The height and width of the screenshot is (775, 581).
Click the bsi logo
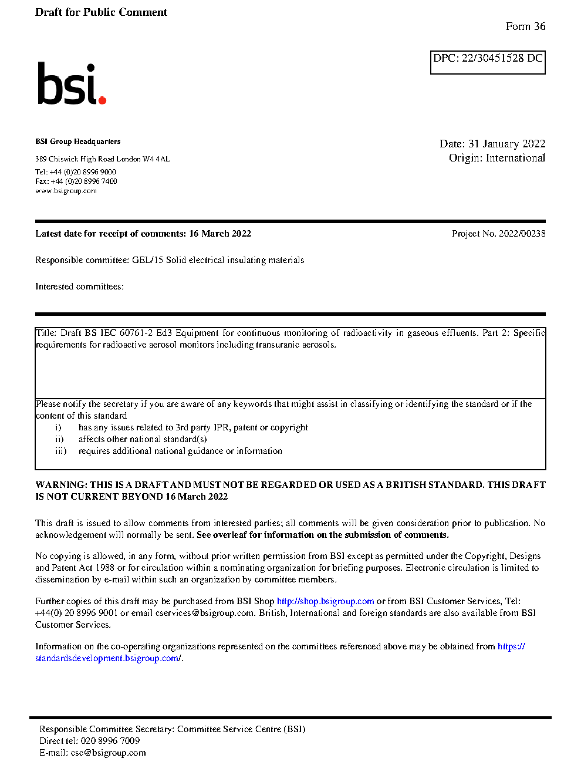click(x=71, y=83)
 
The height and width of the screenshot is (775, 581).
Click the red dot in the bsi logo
click(x=102, y=100)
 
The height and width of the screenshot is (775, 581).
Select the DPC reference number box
click(x=488, y=62)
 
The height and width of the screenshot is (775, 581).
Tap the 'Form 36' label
click(x=525, y=26)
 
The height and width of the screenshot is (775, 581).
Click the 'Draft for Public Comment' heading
click(x=101, y=12)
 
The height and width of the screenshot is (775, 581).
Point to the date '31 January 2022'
click(x=506, y=144)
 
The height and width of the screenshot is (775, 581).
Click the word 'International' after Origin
click(x=515, y=158)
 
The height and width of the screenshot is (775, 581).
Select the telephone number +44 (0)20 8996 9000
click(x=83, y=172)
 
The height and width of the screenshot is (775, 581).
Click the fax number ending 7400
click(x=84, y=181)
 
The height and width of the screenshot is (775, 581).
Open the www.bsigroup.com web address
click(x=66, y=191)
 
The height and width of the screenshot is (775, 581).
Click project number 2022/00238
click(x=522, y=234)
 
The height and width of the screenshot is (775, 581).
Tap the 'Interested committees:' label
click(x=79, y=287)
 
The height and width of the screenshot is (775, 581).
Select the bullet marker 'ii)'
click(x=59, y=439)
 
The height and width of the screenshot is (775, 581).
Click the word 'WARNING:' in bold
click(x=61, y=485)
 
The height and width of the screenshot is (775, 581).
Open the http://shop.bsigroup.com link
click(x=325, y=601)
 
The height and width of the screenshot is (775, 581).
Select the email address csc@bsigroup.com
click(x=108, y=753)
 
